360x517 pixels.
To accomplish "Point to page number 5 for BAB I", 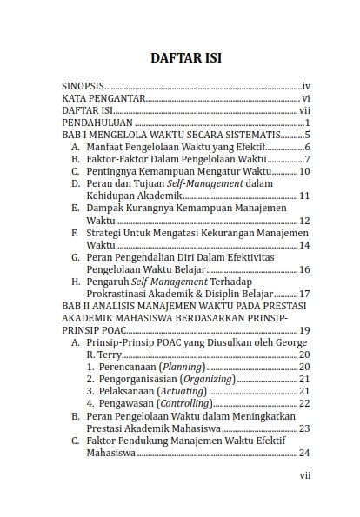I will tap(308, 136).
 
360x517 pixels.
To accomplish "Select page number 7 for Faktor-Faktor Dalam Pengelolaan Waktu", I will tap(308, 160).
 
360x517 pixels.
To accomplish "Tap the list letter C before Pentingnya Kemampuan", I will tap(76, 172).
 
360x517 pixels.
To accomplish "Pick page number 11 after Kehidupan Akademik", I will tap(304, 196).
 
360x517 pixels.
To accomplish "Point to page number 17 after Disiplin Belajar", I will tap(304, 294).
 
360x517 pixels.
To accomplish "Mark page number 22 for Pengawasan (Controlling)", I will tap(304, 403).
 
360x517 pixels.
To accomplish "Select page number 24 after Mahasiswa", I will tap(304, 452).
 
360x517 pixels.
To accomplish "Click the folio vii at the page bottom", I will tap(304, 475).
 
